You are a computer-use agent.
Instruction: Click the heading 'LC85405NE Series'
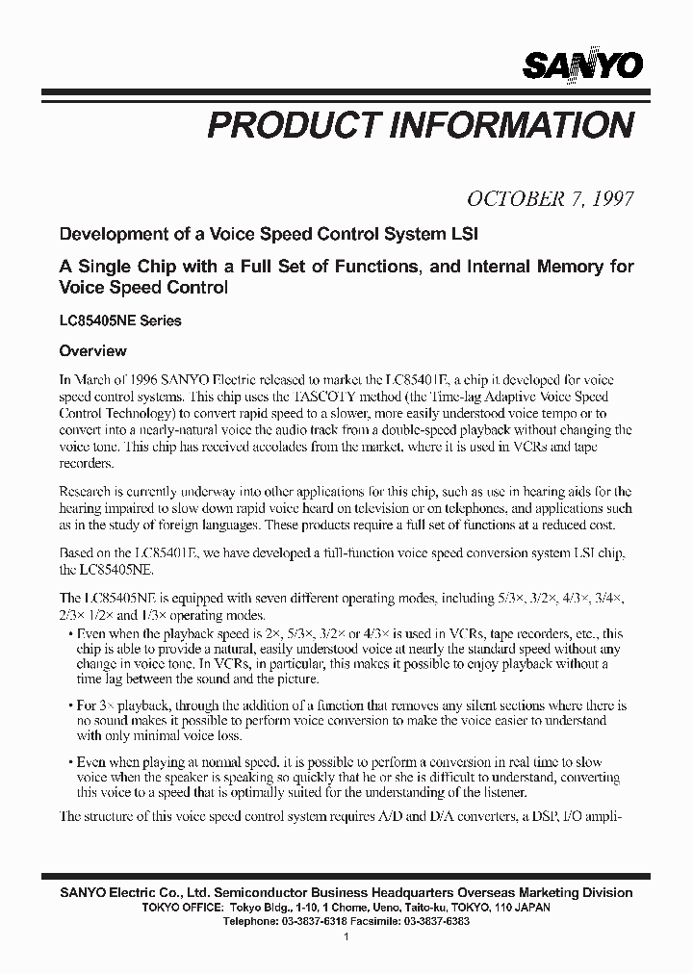(120, 320)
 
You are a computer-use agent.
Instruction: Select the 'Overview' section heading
(93, 351)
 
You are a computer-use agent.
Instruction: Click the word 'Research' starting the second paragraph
(87, 491)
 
